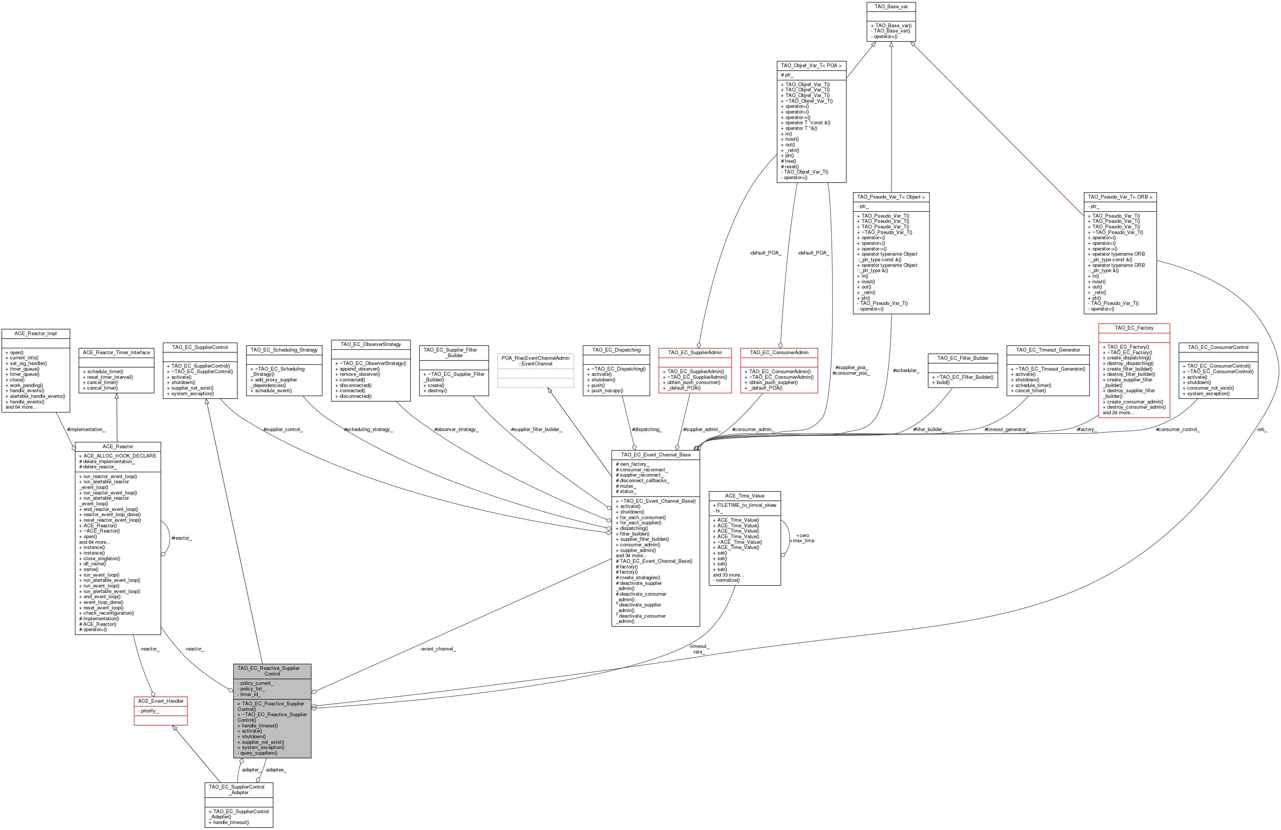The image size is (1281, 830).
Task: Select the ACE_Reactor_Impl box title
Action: pyautogui.click(x=35, y=334)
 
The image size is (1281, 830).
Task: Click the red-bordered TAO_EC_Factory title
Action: pyautogui.click(x=1134, y=328)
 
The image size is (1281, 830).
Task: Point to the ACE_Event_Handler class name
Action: pyautogui.click(x=160, y=701)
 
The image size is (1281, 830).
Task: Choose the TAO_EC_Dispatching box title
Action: pyautogui.click(x=616, y=350)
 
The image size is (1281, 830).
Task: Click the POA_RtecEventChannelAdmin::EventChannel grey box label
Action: pyautogui.click(x=536, y=361)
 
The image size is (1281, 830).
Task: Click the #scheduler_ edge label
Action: pyautogui.click(x=906, y=370)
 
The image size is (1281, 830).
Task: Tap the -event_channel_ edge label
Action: pyautogui.click(x=438, y=649)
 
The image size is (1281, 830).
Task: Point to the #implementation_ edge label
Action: pyautogui.click(x=86, y=429)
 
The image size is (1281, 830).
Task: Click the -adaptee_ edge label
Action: pyautogui.click(x=276, y=770)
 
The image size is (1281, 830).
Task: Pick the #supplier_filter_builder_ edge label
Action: pyautogui.click(x=536, y=429)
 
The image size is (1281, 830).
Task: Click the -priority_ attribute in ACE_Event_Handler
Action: pyautogui.click(x=149, y=711)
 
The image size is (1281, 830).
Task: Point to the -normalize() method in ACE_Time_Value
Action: pyautogui.click(x=727, y=580)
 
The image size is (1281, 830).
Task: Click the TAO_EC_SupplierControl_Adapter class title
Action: pyautogui.click(x=238, y=790)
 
